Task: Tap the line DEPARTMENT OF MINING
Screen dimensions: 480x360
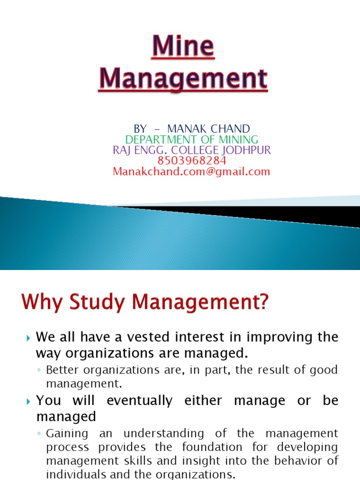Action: (191, 139)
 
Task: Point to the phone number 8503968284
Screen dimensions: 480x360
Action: (192, 161)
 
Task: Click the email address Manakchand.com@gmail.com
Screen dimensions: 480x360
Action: (191, 172)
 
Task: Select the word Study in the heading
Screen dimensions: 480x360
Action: (95, 304)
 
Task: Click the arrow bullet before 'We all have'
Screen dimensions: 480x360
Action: (28, 337)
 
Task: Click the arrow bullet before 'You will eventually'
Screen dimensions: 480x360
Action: (28, 401)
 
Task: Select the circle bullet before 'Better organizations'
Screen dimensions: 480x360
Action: (39, 370)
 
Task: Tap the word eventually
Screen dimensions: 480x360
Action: (140, 401)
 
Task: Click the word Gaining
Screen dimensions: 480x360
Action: (66, 434)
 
